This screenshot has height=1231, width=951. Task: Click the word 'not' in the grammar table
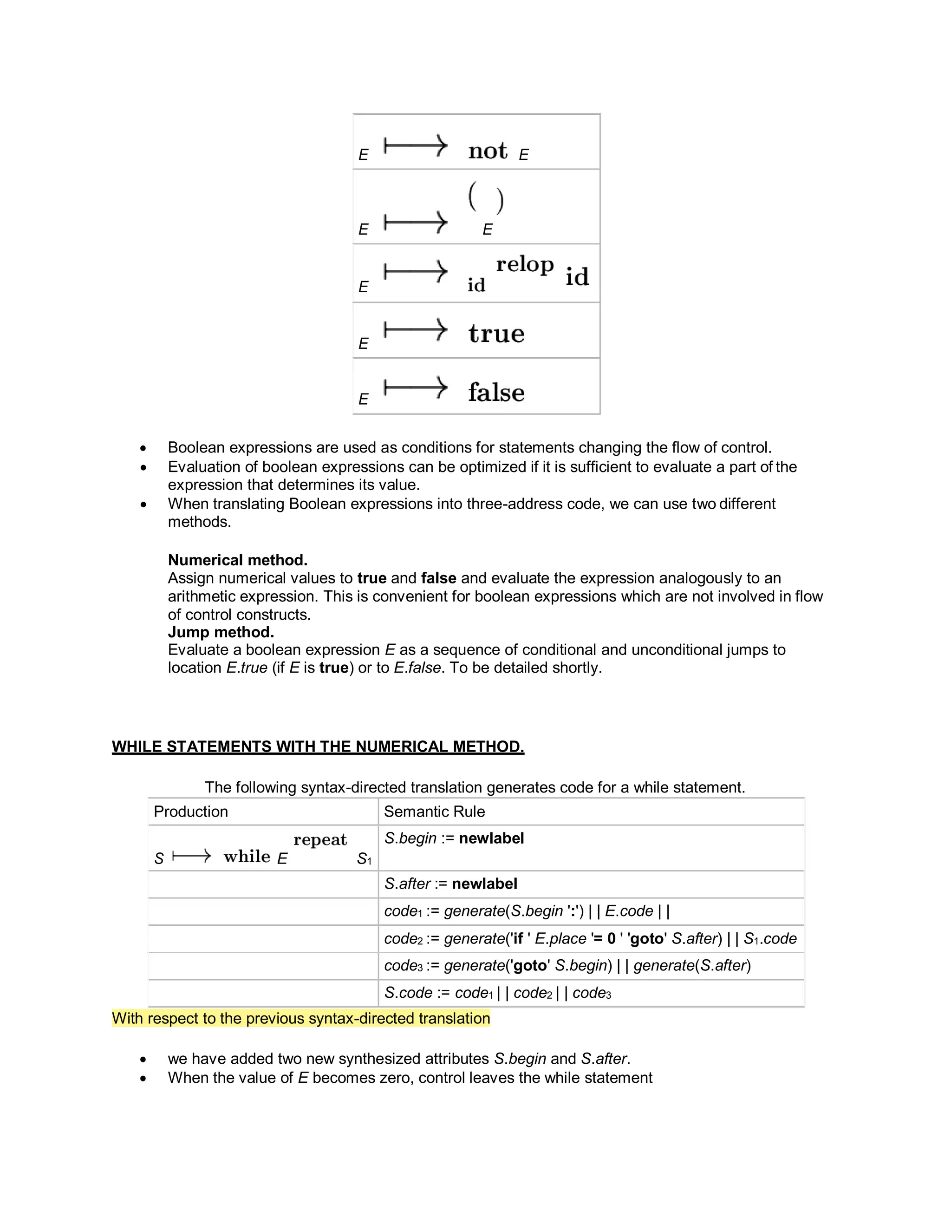coord(487,151)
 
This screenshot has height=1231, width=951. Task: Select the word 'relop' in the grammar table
coord(525,264)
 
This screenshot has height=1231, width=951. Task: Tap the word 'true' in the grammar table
coord(496,334)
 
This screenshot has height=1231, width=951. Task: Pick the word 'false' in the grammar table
coord(496,393)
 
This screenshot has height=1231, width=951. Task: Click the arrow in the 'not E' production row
coord(415,146)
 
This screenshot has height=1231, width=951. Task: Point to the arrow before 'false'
coord(415,388)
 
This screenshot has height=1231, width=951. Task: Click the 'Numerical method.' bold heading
coord(238,560)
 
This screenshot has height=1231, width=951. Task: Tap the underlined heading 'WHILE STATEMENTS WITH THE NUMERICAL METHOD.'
coord(318,746)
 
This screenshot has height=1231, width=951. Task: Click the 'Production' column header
coord(190,812)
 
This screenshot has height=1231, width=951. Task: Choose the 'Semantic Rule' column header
coord(434,812)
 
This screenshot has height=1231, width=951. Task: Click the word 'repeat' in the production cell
coord(320,840)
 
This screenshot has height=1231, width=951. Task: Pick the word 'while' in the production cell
coord(247,857)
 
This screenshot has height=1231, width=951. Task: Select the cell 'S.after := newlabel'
coord(451,884)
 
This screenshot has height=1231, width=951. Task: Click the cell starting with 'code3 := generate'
coord(567,966)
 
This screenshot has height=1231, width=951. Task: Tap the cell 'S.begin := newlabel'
coord(454,838)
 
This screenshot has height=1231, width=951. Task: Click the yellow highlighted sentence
coord(301,1019)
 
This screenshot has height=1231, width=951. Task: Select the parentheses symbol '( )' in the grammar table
coord(486,198)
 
